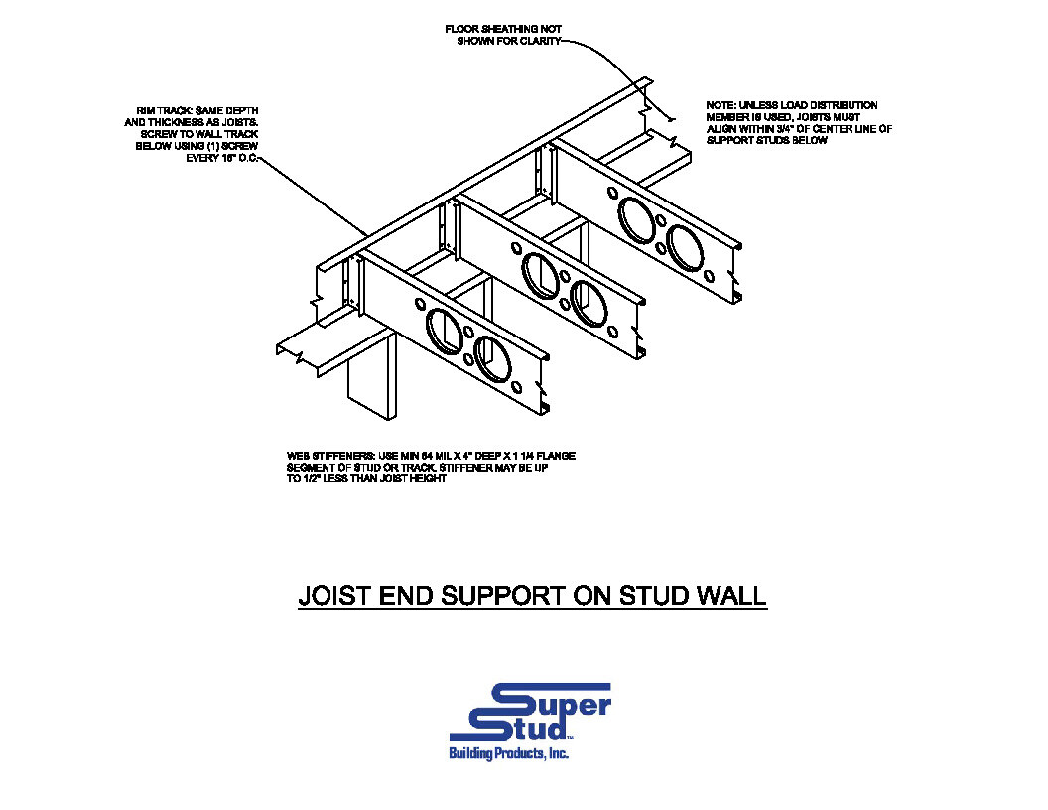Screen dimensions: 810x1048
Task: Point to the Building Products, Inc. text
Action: coord(509,755)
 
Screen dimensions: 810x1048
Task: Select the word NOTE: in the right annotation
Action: coord(721,105)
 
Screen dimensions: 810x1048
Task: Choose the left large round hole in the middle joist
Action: coord(540,273)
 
